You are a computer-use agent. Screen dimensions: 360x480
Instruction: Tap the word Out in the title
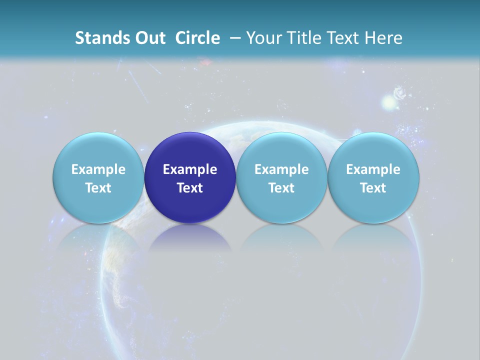[x=149, y=38]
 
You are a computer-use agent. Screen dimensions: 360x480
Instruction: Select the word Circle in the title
[x=197, y=38]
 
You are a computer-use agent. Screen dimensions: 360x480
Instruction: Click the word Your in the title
[x=263, y=38]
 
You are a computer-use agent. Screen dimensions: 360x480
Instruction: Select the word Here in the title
[x=383, y=38]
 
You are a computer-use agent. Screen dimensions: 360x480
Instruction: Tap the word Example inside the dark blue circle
[x=190, y=169]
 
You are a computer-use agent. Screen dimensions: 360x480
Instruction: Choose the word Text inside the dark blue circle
[x=190, y=188]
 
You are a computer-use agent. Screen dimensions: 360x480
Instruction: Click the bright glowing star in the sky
[x=388, y=103]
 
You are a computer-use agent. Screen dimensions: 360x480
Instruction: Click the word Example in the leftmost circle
[x=98, y=169]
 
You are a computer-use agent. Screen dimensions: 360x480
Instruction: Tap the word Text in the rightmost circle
[x=373, y=188]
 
